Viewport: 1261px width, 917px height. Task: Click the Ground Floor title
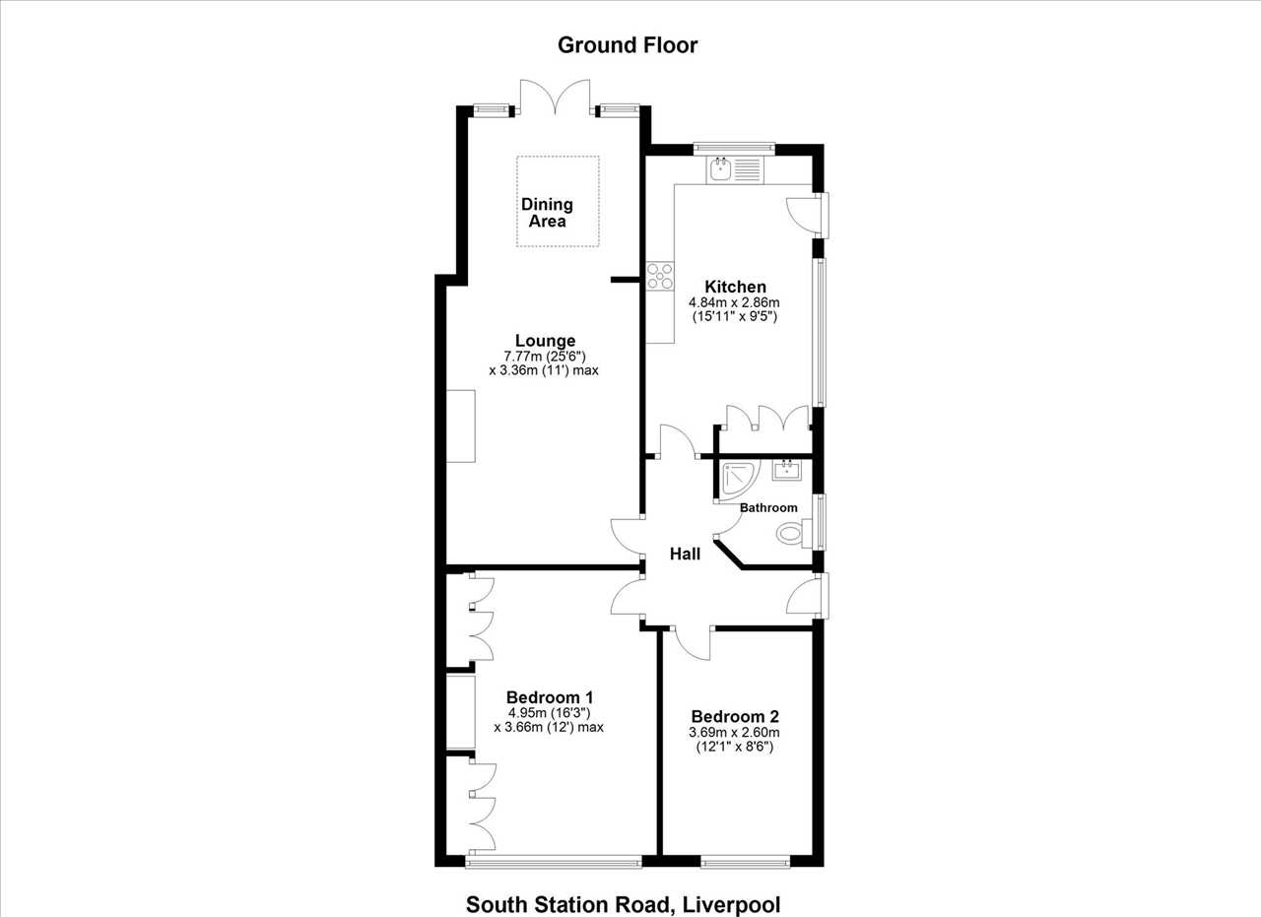tap(628, 45)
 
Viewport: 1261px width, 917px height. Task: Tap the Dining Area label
tap(547, 212)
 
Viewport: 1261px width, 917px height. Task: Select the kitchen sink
tap(736, 169)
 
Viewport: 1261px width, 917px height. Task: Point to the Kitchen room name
tap(735, 287)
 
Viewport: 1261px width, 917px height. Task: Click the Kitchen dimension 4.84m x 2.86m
tap(734, 302)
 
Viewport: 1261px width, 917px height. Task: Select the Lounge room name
tap(545, 341)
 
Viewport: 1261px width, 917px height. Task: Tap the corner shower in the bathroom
tap(739, 480)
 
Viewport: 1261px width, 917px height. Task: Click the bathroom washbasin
tap(786, 470)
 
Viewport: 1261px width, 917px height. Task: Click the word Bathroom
tap(768, 508)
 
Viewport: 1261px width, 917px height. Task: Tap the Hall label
tap(685, 554)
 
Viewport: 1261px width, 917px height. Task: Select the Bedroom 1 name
tap(549, 697)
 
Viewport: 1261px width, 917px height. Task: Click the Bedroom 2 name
tap(735, 717)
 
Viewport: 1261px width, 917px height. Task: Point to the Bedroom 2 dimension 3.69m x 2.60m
tap(734, 733)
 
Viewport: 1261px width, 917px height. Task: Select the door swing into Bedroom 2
tap(693, 643)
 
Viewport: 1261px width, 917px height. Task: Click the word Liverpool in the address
tap(731, 904)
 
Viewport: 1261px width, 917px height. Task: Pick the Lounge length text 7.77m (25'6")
tap(545, 357)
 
